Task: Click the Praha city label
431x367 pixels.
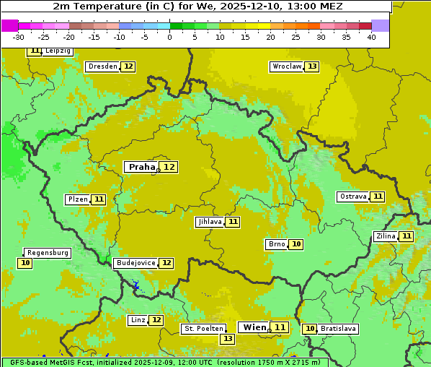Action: (x=141, y=167)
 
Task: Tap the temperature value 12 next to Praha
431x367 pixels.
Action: (x=169, y=167)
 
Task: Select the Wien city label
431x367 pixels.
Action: (x=254, y=327)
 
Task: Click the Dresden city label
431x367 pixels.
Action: (x=102, y=66)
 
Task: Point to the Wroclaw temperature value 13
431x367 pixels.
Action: (x=311, y=66)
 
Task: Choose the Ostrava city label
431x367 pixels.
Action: (x=352, y=197)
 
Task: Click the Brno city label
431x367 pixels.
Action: (x=276, y=244)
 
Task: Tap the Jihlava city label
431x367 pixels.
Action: (x=210, y=222)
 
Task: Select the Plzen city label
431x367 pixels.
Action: (x=77, y=199)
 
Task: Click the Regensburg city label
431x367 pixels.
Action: (x=48, y=253)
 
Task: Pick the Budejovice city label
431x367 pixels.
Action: (x=135, y=263)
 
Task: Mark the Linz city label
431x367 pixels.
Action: (x=138, y=320)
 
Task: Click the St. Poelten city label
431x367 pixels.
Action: (x=203, y=329)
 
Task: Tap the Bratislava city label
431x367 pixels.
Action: (x=338, y=329)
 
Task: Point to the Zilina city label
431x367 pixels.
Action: (x=386, y=236)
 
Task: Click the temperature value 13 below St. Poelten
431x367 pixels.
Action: (x=227, y=339)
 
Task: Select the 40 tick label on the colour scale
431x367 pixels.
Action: (x=371, y=37)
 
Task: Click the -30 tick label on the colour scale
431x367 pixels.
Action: (x=19, y=37)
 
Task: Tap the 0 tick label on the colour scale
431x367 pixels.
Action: (x=169, y=37)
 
